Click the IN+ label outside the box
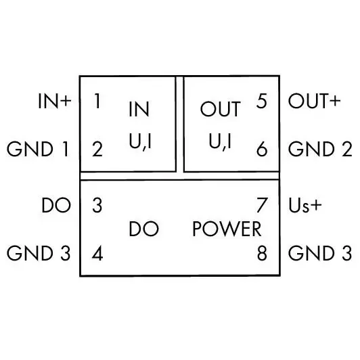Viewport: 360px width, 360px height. [55, 101]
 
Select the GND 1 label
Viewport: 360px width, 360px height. [38, 149]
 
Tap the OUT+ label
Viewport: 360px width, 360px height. [314, 101]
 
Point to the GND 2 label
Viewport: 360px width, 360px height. [320, 149]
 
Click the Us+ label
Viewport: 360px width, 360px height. [305, 205]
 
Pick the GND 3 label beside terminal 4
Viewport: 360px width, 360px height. [39, 253]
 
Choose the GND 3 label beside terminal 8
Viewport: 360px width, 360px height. [320, 253]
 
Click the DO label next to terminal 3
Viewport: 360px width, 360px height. [56, 205]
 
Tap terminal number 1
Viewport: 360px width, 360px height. [97, 101]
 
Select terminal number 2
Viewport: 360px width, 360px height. [97, 149]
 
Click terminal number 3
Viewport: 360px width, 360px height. [97, 205]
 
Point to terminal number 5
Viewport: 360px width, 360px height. [262, 101]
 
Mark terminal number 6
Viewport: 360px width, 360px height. [262, 149]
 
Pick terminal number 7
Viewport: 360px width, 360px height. [262, 205]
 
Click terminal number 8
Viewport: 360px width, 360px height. [262, 253]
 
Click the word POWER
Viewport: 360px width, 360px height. [227, 229]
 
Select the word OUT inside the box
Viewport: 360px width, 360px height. [221, 109]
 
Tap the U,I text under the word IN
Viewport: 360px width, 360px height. [140, 141]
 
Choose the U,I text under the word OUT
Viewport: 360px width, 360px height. [220, 141]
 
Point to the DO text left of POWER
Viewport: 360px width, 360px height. [144, 229]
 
